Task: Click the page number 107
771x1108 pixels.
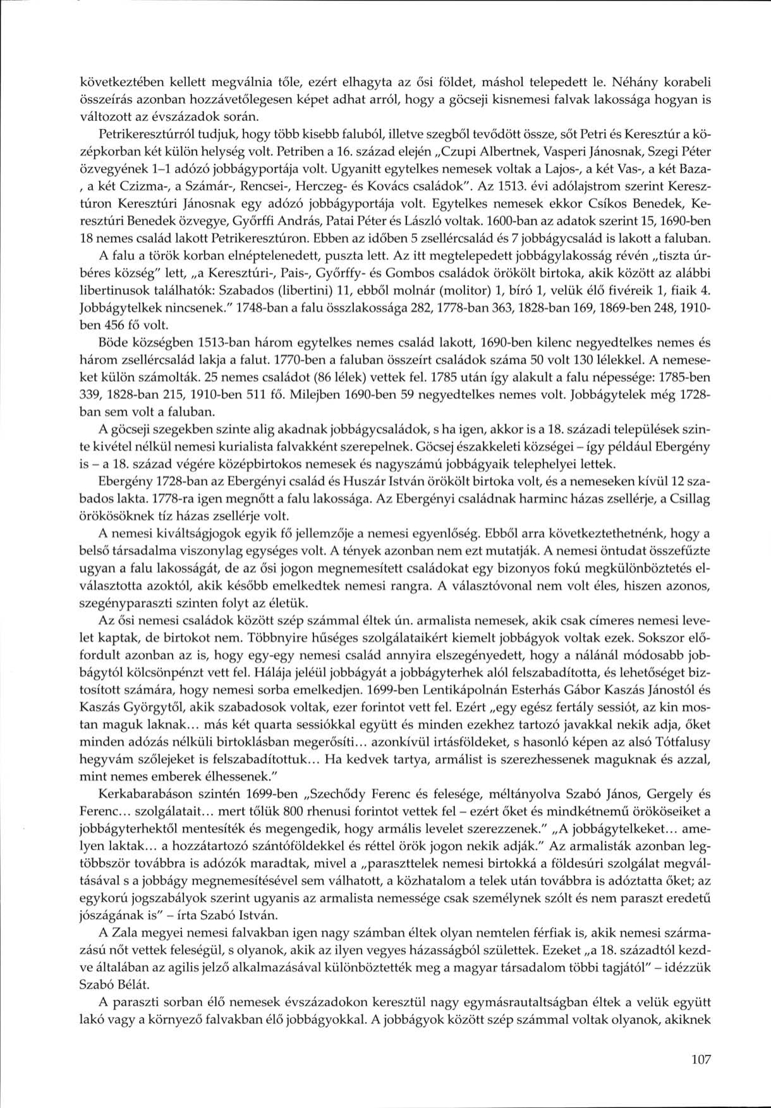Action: [x=701, y=1059]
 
